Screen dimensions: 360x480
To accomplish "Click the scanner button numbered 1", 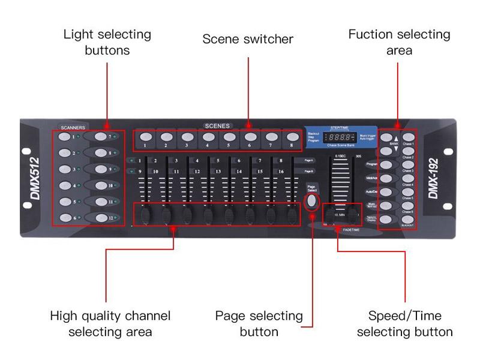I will [x=64, y=137].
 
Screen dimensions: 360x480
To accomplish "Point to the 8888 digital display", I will [x=339, y=137].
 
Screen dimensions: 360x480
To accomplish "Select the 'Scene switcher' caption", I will [x=248, y=40].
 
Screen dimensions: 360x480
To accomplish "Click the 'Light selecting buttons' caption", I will [x=107, y=42].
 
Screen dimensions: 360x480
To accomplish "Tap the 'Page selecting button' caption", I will [x=259, y=323].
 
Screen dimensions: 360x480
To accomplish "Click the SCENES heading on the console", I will [x=217, y=126].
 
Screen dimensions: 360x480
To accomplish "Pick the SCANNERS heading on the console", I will [x=73, y=128].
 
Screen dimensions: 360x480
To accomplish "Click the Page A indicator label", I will [x=308, y=161].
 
